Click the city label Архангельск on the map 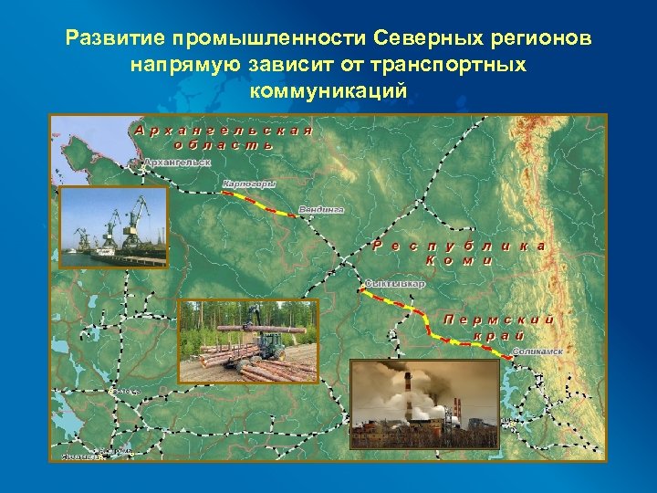click(x=178, y=163)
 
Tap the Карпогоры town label click(x=249, y=184)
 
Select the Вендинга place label click(x=322, y=210)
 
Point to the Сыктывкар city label click(x=395, y=284)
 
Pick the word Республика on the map click(x=461, y=246)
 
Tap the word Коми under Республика click(x=460, y=260)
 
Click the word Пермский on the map click(x=498, y=320)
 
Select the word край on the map click(x=498, y=335)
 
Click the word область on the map click(x=223, y=144)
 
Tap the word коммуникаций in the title click(x=328, y=91)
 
